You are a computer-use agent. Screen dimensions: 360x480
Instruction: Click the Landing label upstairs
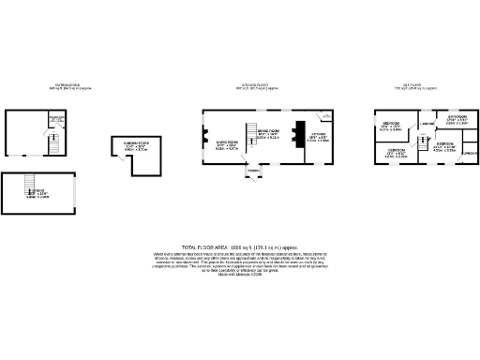tap(426, 125)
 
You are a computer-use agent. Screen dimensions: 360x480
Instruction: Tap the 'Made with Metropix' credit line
tap(240, 273)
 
